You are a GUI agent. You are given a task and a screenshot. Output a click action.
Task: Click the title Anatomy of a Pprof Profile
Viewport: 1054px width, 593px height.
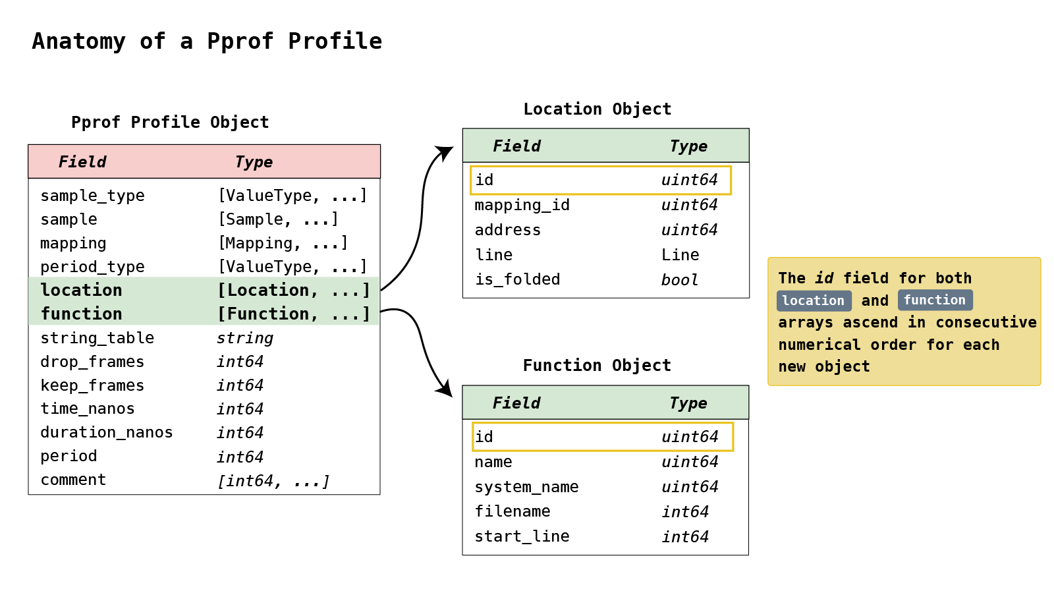[207, 42]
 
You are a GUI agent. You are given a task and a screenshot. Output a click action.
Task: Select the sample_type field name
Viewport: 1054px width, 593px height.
[92, 196]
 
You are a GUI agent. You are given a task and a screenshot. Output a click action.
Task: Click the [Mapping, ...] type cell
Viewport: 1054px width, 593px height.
[283, 243]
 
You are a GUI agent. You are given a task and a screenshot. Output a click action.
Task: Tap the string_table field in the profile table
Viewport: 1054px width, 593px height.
[97, 338]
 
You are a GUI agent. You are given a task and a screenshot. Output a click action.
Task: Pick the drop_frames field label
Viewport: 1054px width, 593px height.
[92, 362]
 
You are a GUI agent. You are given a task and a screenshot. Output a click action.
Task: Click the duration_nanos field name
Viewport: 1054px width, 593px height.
[106, 432]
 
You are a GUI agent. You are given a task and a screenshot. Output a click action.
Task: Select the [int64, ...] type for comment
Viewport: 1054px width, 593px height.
[273, 481]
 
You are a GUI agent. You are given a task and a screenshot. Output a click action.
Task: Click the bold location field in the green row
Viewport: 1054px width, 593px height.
[81, 291]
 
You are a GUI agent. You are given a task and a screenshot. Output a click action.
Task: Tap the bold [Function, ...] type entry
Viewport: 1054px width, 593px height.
[294, 314]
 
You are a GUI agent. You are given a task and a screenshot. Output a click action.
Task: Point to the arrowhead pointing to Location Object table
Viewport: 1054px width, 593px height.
[447, 153]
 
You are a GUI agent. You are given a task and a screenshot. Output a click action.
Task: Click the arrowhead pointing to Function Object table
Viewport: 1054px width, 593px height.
[445, 389]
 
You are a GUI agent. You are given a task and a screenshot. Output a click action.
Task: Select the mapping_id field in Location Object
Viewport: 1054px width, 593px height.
[522, 205]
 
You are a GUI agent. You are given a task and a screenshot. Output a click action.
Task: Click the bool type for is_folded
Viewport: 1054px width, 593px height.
[679, 280]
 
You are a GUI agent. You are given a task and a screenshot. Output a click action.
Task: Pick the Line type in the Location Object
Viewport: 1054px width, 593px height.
[680, 255]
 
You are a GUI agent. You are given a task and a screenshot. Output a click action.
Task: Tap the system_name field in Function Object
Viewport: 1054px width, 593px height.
[526, 487]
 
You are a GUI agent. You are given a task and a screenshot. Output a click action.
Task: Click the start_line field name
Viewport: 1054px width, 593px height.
[522, 536]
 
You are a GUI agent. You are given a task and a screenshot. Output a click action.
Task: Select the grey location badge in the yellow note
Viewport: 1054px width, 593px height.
[814, 301]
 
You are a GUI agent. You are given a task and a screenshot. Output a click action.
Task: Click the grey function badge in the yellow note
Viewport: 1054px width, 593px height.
[934, 300]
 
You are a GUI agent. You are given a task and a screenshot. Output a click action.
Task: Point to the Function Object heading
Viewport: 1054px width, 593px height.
[597, 366]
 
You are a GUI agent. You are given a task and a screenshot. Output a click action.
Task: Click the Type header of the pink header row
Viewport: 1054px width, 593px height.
[254, 162]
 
